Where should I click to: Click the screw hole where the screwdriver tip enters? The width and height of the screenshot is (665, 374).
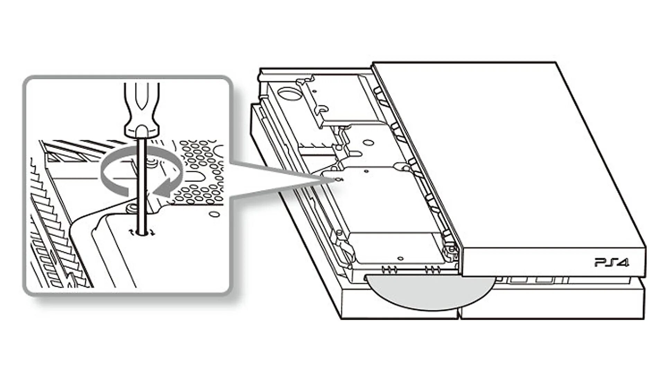click(x=142, y=232)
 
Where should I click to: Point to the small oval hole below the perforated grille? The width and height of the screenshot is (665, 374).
click(x=216, y=214)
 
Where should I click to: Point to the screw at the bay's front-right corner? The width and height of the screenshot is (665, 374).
click(x=451, y=249)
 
